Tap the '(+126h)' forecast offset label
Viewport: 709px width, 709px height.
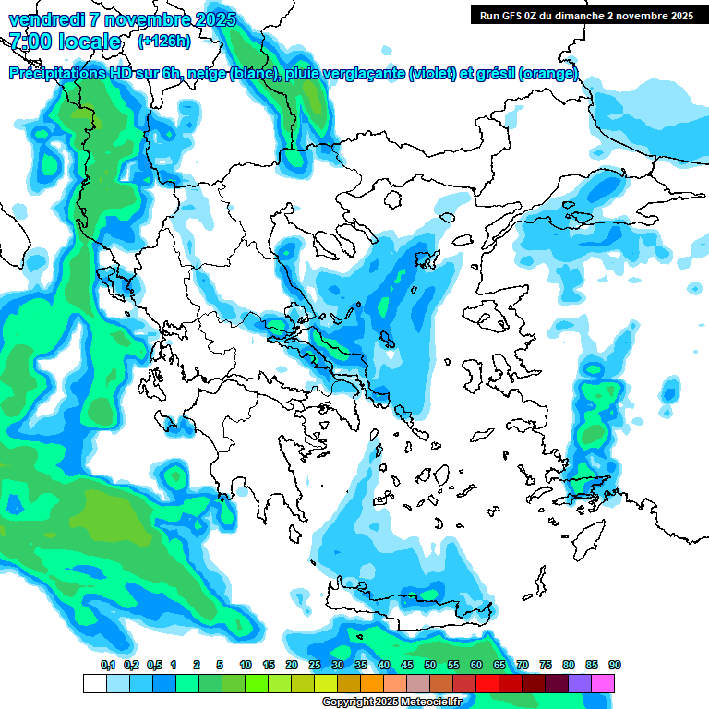(x=164, y=42)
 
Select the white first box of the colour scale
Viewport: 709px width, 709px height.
(x=94, y=683)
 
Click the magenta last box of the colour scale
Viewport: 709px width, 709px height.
(x=603, y=683)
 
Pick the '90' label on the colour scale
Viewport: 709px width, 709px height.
(x=615, y=665)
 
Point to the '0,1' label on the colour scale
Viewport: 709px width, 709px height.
(x=108, y=665)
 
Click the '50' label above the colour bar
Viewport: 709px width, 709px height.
(x=430, y=665)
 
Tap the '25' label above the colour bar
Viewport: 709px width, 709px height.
(x=315, y=665)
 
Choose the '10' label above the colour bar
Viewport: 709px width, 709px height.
(x=246, y=665)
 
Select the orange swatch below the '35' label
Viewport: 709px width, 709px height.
(x=372, y=683)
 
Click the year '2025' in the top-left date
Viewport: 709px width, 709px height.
(x=210, y=19)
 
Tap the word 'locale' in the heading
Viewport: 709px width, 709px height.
(x=90, y=42)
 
